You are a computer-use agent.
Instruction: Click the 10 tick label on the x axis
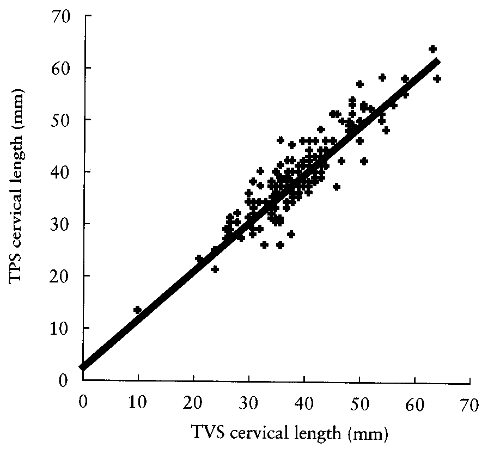click(138, 404)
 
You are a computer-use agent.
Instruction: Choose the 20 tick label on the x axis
click(193, 404)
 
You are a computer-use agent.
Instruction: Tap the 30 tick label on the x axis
click(249, 404)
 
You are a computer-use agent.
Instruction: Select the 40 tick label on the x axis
click(304, 404)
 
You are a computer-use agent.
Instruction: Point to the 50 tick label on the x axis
click(360, 404)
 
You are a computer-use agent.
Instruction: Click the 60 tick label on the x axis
click(416, 404)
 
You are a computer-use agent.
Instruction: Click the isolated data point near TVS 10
click(137, 310)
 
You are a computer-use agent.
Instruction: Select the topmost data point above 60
click(433, 49)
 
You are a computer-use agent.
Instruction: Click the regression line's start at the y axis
click(83, 367)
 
